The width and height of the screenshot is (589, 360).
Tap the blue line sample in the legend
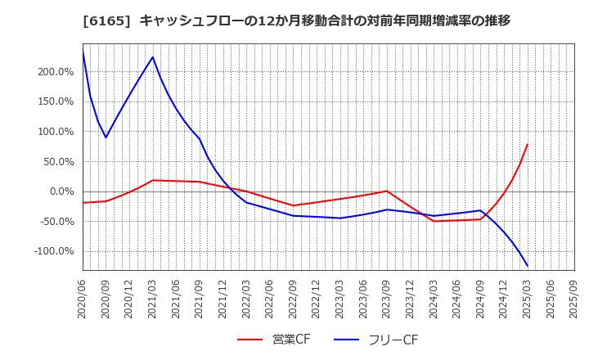point(346,340)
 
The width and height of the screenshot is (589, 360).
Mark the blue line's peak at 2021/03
point(153,57)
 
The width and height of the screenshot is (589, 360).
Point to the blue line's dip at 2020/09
point(106,137)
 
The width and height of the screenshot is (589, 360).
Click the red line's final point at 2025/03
point(528,145)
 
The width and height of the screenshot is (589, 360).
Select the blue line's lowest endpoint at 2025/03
point(528,266)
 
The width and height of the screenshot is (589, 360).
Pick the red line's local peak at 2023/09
point(387,191)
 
